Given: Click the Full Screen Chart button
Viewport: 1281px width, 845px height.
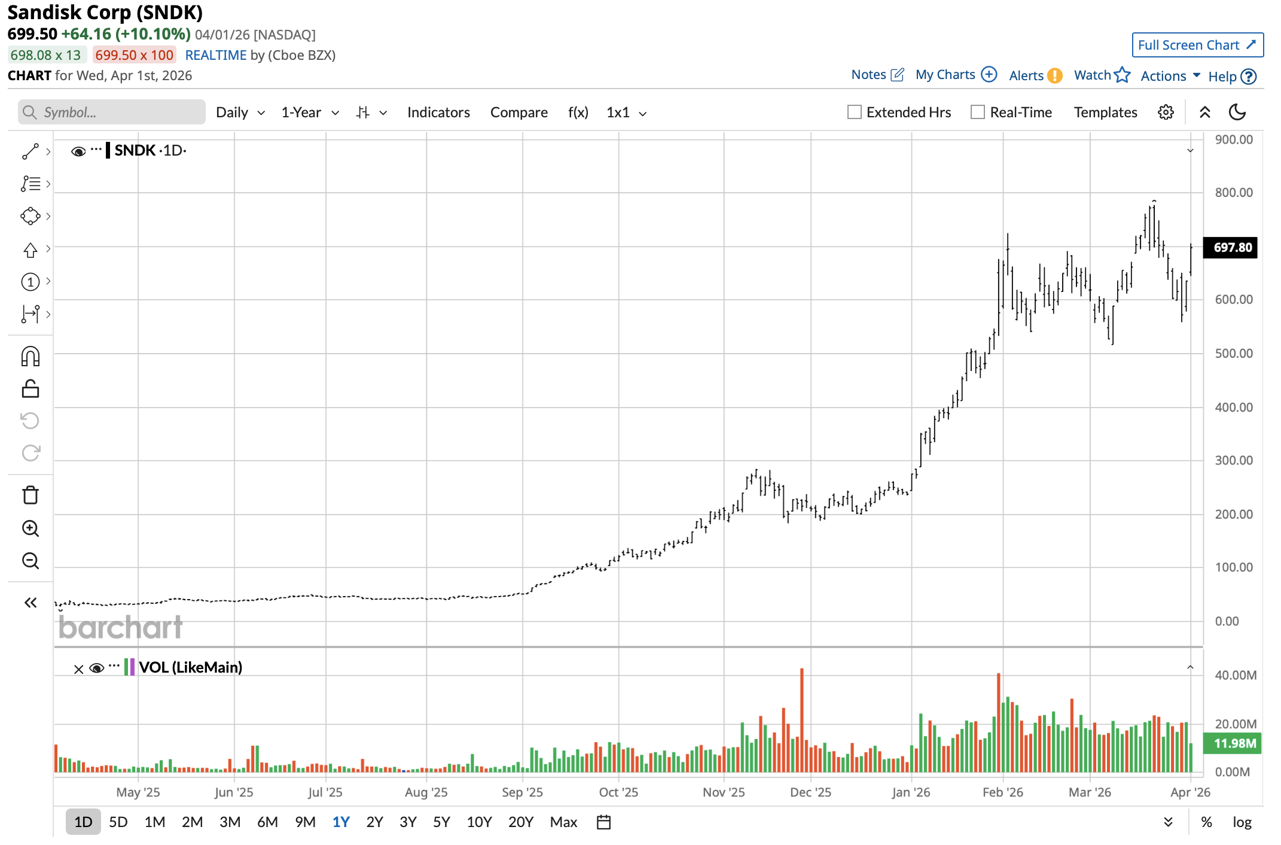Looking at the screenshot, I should [x=1197, y=45].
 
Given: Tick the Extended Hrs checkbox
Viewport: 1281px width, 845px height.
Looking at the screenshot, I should [x=855, y=113].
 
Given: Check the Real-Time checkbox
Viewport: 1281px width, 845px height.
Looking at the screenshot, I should [x=978, y=113].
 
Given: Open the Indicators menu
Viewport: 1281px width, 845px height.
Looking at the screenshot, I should [x=438, y=113].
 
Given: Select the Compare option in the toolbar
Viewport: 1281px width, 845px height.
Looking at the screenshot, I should [x=518, y=113].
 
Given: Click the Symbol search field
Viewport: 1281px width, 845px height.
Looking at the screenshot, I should [x=112, y=113].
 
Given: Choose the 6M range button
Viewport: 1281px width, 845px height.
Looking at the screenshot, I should [x=267, y=822].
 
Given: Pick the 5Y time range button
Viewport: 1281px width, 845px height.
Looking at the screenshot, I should [x=441, y=822].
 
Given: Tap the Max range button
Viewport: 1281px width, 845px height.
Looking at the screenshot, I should [x=563, y=822].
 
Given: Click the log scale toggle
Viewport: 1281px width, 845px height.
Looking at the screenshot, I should [x=1242, y=822].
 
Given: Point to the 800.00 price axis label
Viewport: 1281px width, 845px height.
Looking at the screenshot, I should [x=1233, y=193].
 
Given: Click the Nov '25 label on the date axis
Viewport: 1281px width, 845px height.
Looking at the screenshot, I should [x=724, y=792].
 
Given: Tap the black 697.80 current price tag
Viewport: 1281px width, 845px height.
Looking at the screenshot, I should [x=1232, y=248].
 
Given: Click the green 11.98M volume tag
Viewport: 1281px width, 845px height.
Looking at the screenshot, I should [x=1234, y=743].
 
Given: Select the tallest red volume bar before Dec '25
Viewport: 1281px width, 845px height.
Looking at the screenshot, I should [x=801, y=718].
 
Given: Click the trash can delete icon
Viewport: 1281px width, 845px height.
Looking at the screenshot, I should [x=30, y=496].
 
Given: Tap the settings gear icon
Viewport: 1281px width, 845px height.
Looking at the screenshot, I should [x=1166, y=113].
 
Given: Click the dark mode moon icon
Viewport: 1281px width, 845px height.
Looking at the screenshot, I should [x=1237, y=113].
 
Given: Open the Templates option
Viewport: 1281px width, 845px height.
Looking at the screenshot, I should [x=1105, y=113].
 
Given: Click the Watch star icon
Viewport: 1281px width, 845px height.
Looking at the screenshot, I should [x=1122, y=75].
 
